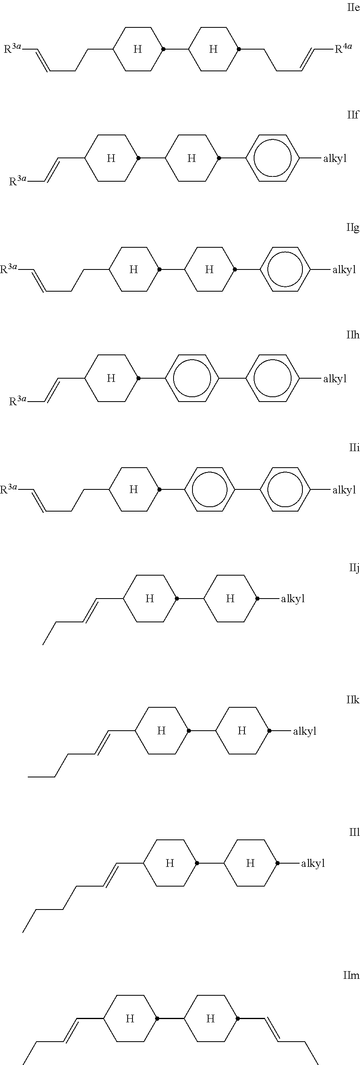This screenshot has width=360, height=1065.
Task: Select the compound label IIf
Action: (353, 115)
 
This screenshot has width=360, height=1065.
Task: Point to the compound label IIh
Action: (353, 334)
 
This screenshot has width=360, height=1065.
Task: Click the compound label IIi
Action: (354, 448)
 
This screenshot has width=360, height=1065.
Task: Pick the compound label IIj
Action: (354, 568)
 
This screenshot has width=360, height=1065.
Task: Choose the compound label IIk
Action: (353, 700)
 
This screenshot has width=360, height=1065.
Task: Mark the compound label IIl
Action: (354, 832)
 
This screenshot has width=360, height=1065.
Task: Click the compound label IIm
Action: (351, 975)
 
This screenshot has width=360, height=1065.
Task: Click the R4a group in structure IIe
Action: (343, 48)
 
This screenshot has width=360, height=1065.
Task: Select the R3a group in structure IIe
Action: (12, 48)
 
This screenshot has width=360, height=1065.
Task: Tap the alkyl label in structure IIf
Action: (335, 158)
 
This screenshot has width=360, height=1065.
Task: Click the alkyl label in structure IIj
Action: (293, 599)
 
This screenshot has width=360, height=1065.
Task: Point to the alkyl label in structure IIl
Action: (313, 863)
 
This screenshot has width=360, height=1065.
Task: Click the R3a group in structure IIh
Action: (18, 400)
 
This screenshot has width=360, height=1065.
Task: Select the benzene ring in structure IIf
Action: (272, 158)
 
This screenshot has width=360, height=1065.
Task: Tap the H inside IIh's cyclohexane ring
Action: (111, 378)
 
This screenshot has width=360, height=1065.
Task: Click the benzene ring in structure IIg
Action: (285, 269)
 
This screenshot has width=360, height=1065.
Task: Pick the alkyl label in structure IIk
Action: (305, 731)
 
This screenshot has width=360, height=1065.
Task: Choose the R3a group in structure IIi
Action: (9, 489)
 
